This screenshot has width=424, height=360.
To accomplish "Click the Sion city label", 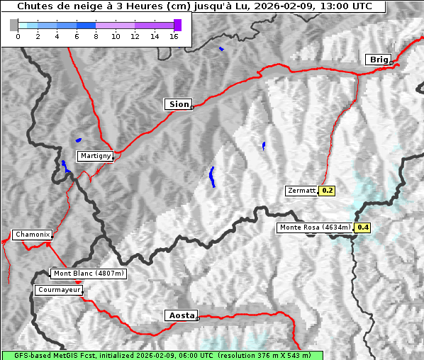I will click(x=179, y=104).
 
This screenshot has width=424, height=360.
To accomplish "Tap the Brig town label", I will click(x=378, y=60).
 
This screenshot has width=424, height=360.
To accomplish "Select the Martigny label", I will click(x=95, y=155).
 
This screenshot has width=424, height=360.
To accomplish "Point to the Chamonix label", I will click(x=32, y=235).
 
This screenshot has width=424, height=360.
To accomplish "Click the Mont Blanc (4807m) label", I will click(x=89, y=273).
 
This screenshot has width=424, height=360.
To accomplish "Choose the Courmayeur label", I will click(x=59, y=290).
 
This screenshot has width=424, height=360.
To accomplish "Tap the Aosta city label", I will click(x=180, y=315).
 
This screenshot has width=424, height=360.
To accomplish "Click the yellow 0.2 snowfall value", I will click(x=328, y=191).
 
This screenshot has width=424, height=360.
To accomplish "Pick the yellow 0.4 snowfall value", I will click(x=363, y=227).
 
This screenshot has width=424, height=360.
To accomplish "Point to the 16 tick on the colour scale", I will click(x=174, y=37).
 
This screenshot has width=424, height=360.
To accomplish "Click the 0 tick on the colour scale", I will click(x=18, y=37).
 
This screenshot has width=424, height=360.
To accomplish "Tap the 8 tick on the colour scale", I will click(x=96, y=37).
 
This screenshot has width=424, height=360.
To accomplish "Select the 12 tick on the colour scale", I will click(x=135, y=37).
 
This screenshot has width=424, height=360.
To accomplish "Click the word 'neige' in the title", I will click(x=69, y=6).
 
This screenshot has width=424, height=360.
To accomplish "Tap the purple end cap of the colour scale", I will click(x=177, y=25).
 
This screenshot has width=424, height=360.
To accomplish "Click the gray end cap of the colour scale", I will click(x=14, y=25).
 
